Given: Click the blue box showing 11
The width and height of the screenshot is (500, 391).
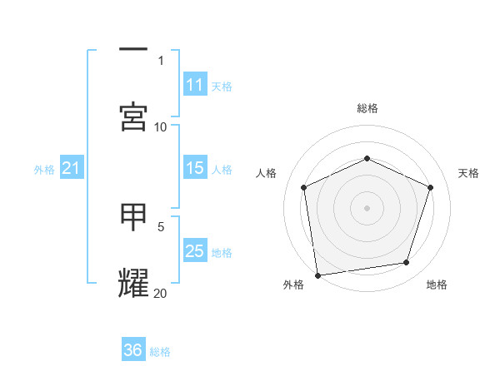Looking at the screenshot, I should coord(195,85).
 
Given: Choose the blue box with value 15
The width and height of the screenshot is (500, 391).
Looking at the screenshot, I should coord(195,168).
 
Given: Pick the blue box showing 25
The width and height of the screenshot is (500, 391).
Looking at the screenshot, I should coord(195,251).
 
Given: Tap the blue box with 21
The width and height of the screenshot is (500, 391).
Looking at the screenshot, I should coord(72,168).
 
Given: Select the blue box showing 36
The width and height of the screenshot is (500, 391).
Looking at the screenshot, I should coord(133,350).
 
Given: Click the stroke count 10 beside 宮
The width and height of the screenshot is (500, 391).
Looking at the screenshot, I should coord(161,126).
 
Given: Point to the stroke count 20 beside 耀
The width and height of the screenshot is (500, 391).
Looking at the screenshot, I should coord(161,293).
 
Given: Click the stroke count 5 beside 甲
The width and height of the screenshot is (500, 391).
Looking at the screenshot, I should coord(161,225).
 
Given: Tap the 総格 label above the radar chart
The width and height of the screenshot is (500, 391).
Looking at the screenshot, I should coord(367,108).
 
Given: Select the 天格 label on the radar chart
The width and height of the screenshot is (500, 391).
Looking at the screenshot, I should coord(468,173).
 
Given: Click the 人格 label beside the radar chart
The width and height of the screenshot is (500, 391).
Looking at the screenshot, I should coord(267,173).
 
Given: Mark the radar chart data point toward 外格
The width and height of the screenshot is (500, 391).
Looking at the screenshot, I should coord(317,275).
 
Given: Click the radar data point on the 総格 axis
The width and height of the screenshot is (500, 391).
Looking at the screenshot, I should coord(367,157).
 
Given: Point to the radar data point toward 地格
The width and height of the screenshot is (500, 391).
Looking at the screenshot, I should coord(407,263).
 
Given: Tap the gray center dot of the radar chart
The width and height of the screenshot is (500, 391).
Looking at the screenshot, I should coord(367,207).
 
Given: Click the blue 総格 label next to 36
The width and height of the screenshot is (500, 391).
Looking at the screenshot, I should coord(160,352).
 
